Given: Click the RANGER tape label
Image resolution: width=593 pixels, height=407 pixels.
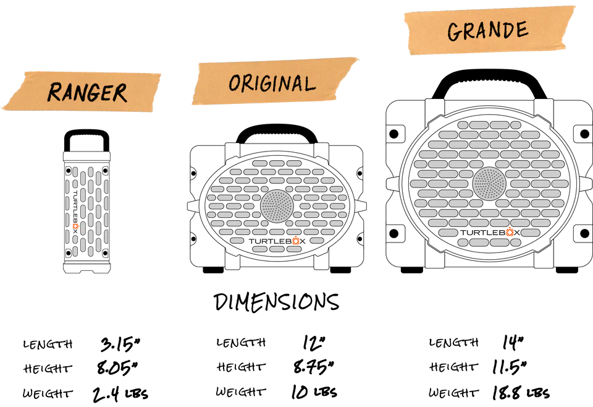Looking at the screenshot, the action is click(82, 92).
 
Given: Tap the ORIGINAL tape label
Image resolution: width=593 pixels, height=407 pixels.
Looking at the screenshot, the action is click(275, 82).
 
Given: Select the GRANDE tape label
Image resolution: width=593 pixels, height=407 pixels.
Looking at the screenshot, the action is click(489, 30).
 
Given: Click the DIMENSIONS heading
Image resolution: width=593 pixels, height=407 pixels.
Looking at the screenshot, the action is click(276, 302).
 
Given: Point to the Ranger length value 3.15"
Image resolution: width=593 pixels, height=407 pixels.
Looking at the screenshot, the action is click(120, 344).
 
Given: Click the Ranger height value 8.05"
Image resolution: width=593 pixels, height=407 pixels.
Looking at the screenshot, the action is click(117, 367).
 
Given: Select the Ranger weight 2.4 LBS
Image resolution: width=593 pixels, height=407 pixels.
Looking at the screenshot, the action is click(120, 394).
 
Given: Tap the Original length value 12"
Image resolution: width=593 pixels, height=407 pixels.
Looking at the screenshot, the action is click(314, 342).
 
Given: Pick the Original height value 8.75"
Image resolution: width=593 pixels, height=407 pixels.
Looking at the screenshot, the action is click(314, 367).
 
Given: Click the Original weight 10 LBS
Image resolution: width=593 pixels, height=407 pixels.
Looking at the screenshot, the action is click(314, 392).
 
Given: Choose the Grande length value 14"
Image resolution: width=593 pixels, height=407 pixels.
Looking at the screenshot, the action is click(513, 342).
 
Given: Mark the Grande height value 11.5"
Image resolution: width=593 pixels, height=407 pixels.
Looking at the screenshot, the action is click(510, 367).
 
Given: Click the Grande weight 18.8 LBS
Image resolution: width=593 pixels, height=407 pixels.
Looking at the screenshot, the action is click(521, 393).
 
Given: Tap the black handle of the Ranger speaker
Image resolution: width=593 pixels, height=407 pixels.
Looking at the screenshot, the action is click(86, 132).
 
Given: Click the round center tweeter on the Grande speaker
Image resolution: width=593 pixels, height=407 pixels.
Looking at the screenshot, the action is click(489, 184).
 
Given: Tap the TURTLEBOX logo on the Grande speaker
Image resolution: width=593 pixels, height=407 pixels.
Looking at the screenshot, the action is click(490, 232).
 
